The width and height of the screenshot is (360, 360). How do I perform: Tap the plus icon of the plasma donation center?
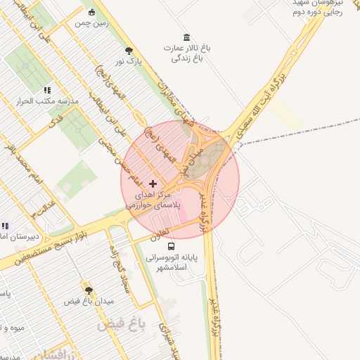click(153, 183)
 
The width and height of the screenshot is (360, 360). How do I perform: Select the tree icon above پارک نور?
click(128, 51)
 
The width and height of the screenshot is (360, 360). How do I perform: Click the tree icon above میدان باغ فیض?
click(88, 290)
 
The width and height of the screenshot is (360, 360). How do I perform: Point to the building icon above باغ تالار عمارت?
click(186, 37)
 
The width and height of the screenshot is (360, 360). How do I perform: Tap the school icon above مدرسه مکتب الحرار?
click(48, 90)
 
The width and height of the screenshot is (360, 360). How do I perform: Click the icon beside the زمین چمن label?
click(92, 12)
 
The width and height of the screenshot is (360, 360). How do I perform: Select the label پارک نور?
click(129, 62)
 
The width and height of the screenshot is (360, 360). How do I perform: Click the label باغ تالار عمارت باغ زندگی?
click(187, 53)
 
